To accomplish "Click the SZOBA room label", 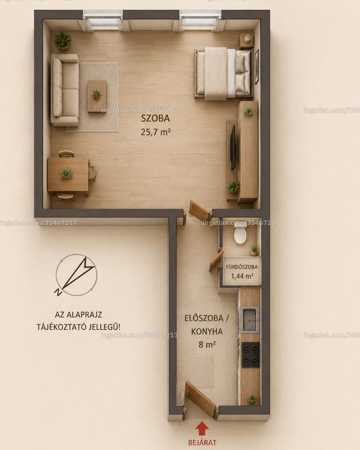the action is click(x=155, y=118).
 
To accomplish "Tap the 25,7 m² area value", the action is click(x=156, y=132).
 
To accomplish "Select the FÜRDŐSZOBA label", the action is click(x=242, y=267).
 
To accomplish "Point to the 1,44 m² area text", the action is click(x=242, y=276).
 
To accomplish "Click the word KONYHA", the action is click(x=206, y=331).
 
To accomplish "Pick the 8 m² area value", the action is click(x=207, y=344).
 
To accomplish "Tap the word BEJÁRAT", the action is click(x=202, y=443).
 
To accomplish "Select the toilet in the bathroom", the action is click(x=240, y=233).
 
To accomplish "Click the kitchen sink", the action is click(x=250, y=319).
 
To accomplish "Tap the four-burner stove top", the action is click(x=250, y=354).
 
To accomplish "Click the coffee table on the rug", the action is click(x=97, y=96).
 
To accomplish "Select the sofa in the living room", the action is click(x=65, y=90).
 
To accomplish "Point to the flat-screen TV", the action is click(x=233, y=147).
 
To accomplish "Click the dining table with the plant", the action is click(x=68, y=174).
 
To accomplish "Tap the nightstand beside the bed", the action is click(x=246, y=40).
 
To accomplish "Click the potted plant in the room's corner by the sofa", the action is click(x=62, y=40).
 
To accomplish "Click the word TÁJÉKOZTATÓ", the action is click(x=64, y=327).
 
